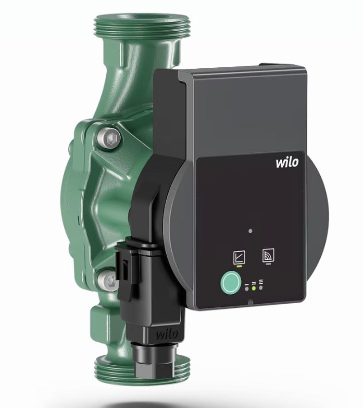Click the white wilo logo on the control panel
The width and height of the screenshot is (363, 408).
[287, 162]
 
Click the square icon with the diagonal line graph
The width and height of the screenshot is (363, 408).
[239, 256]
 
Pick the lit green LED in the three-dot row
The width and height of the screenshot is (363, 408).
[254, 287]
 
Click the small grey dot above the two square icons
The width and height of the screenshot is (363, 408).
[251, 230]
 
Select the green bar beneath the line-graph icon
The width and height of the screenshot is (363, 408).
[239, 266]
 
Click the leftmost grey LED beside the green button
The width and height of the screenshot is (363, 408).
[246, 287]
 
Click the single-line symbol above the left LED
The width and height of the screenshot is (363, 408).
[246, 283]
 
